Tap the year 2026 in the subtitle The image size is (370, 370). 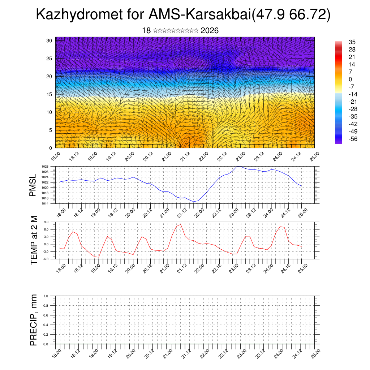210,31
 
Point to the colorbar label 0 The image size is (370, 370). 350,79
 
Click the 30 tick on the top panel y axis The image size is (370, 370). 50,40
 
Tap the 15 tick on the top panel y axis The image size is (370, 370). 50,94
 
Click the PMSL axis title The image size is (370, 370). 33,185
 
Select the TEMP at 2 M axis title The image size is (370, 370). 34,240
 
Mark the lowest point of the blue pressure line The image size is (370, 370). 194,202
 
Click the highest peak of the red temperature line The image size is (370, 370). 181,224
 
